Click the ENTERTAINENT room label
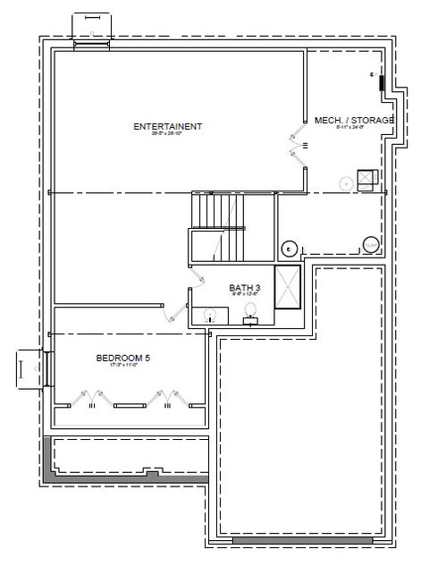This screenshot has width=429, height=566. [167, 126]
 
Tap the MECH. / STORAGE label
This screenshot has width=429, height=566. [353, 120]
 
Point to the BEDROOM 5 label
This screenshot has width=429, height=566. [122, 359]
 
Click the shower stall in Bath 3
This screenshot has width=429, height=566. [288, 286]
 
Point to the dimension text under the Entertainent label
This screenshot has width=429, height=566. [167, 135]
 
